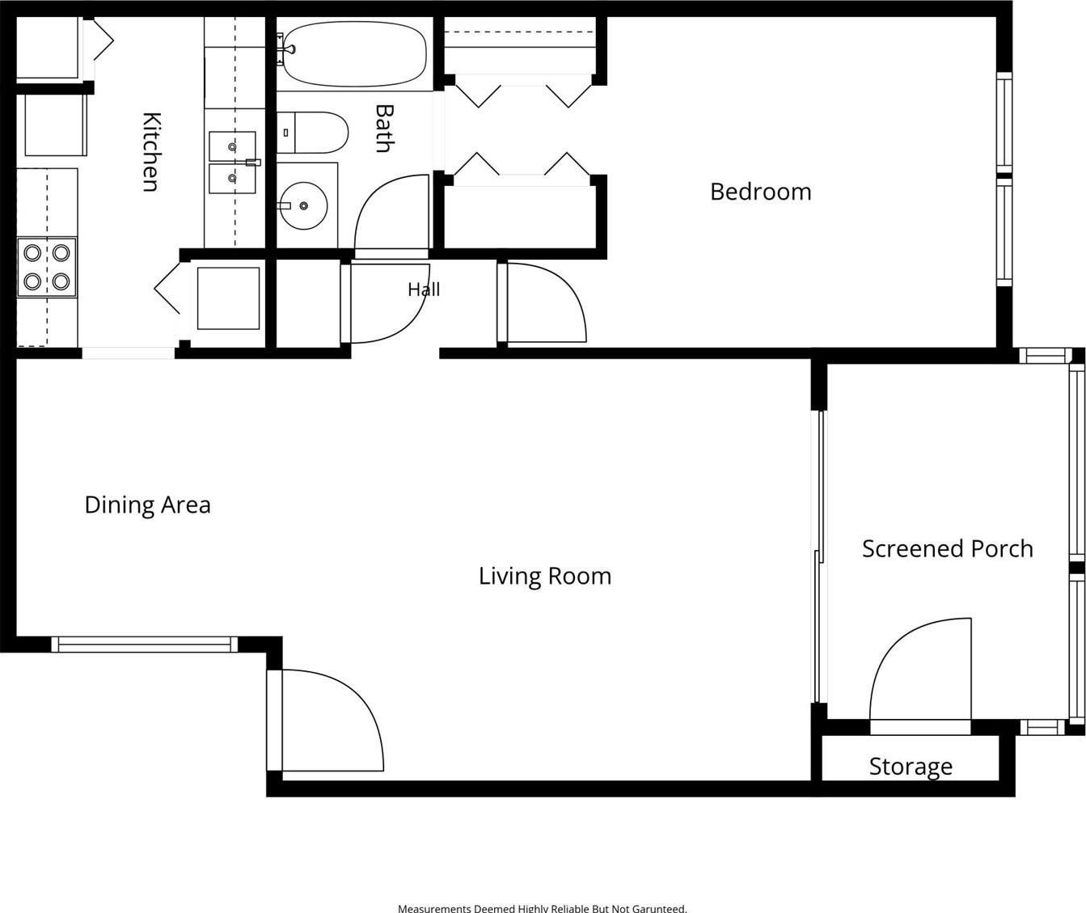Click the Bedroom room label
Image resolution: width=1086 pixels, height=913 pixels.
point(760,192)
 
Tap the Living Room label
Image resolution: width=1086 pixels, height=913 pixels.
point(544,577)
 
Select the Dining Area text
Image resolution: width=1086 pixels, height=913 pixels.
point(148,505)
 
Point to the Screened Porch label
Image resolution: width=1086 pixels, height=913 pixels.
point(947,549)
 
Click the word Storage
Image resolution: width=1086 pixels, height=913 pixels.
point(911,767)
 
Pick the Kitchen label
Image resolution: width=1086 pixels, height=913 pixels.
point(152,152)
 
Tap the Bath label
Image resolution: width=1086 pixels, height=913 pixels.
point(384,129)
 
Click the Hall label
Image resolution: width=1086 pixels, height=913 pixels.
point(424,290)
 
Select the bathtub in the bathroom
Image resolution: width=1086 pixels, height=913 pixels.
point(354,53)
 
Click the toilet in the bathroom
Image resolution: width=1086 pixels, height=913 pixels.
point(312,133)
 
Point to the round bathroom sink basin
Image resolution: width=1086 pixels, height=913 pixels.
point(304,206)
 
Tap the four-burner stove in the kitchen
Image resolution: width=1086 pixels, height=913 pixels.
point(47,268)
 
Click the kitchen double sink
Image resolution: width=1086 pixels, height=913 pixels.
point(233,163)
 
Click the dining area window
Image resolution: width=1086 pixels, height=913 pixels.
point(145,645)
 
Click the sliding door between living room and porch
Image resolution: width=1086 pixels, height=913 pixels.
point(818,556)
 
